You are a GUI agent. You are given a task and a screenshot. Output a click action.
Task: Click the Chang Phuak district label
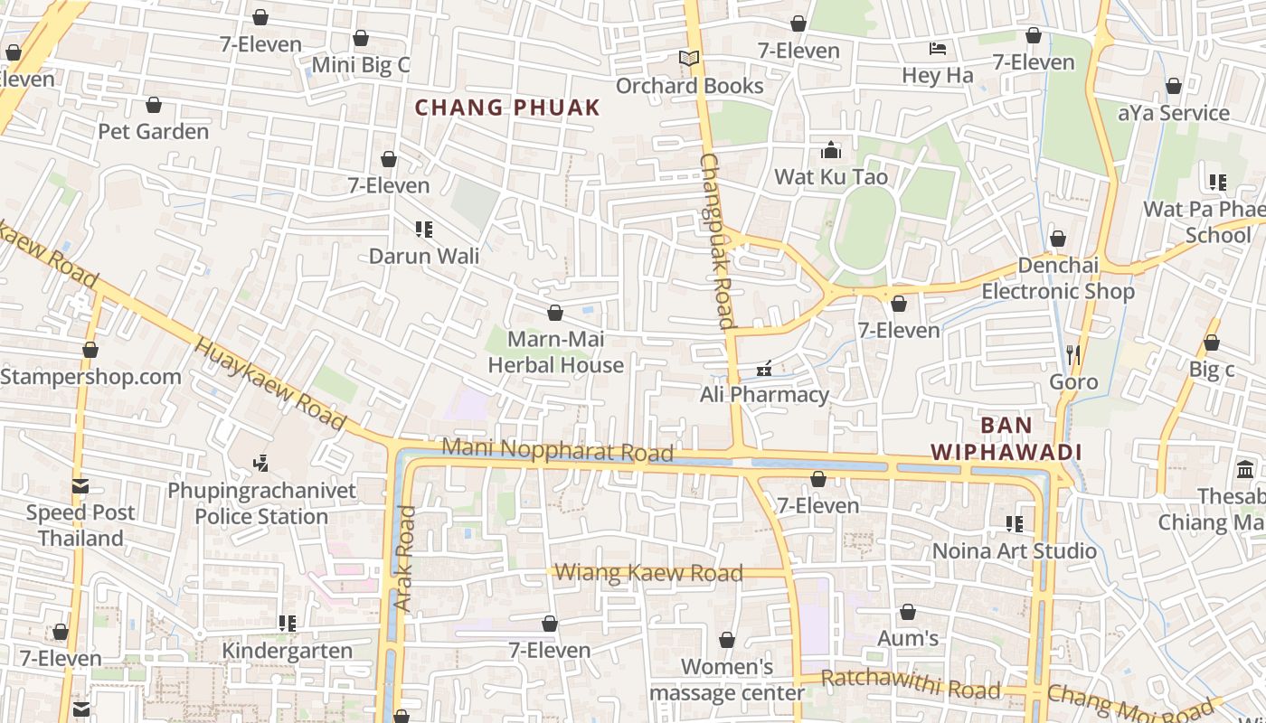[x=507, y=108]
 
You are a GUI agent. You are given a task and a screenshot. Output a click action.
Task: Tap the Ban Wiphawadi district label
[x=1006, y=438]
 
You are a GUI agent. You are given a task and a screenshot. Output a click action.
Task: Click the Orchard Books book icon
[x=689, y=59]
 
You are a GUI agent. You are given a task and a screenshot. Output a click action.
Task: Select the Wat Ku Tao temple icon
[x=831, y=150]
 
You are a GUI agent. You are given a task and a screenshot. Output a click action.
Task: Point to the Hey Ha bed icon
[x=938, y=49]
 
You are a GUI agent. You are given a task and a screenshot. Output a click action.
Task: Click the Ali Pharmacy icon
[x=764, y=369]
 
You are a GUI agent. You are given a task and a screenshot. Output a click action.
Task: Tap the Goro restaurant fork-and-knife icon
[x=1073, y=354]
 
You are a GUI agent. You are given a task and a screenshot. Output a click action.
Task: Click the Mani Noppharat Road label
[x=557, y=449]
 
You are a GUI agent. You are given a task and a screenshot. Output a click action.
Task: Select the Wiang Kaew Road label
[x=648, y=572]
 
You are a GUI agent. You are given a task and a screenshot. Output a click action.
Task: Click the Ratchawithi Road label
[x=911, y=684]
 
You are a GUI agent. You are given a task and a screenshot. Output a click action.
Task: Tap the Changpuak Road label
[x=716, y=240]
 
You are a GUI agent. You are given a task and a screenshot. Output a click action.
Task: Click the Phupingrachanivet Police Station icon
[x=261, y=465]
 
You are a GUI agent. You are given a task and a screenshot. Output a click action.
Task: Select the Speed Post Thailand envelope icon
[x=80, y=486]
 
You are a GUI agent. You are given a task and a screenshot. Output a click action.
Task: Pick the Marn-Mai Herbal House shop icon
[x=555, y=313]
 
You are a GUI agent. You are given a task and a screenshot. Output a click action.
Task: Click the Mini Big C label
[x=361, y=65]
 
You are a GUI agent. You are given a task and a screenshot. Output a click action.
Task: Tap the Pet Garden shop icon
[x=154, y=106]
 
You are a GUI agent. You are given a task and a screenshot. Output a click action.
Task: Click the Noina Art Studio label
[x=1014, y=550]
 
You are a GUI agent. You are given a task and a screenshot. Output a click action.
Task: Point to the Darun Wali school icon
[x=423, y=230]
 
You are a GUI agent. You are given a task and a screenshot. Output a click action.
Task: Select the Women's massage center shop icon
[x=727, y=641]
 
